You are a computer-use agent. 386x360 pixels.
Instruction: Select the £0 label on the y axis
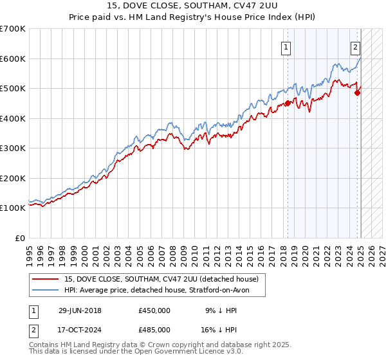[20, 238]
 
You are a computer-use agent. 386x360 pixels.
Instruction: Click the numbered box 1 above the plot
[286, 46]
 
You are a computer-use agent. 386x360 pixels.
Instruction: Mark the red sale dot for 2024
[358, 93]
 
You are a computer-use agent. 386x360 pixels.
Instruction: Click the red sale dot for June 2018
[288, 104]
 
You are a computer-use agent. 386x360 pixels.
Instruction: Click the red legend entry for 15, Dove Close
[161, 279]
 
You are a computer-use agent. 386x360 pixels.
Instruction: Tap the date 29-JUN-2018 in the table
[80, 310]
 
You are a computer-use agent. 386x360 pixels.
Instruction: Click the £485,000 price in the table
[154, 329]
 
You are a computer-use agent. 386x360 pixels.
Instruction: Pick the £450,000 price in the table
[154, 310]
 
